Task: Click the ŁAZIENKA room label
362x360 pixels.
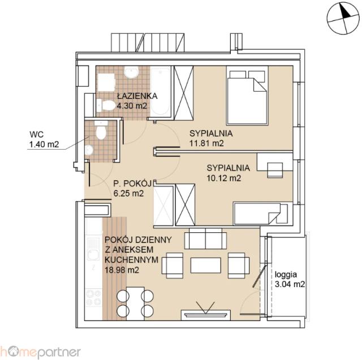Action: (x=137, y=96)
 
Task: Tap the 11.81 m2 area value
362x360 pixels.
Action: (x=206, y=143)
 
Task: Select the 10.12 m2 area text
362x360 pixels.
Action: (x=224, y=178)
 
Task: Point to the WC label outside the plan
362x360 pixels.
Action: (x=36, y=134)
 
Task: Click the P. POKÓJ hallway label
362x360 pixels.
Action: (x=132, y=184)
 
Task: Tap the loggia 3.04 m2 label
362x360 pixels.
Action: (x=290, y=279)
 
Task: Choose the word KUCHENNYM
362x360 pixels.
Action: (x=131, y=259)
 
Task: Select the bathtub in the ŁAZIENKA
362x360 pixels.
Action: (x=161, y=92)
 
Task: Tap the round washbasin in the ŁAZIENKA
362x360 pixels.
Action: (x=131, y=72)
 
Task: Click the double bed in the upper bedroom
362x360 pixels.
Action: (x=247, y=96)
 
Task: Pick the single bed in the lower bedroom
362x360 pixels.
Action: (x=261, y=214)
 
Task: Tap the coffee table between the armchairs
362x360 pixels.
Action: (x=205, y=265)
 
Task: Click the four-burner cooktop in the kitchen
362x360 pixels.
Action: (x=93, y=298)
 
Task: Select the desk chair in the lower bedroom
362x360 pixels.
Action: (x=275, y=170)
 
